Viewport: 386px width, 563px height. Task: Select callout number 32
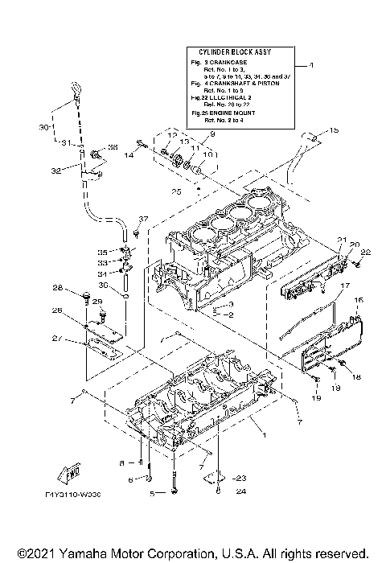tap(56, 171)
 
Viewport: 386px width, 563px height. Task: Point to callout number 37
tap(142, 219)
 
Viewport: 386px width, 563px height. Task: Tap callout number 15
tap(335, 130)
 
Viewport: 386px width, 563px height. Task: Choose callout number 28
tap(58, 289)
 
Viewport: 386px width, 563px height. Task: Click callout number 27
tap(57, 339)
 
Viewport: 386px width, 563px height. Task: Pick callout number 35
tap(102, 250)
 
